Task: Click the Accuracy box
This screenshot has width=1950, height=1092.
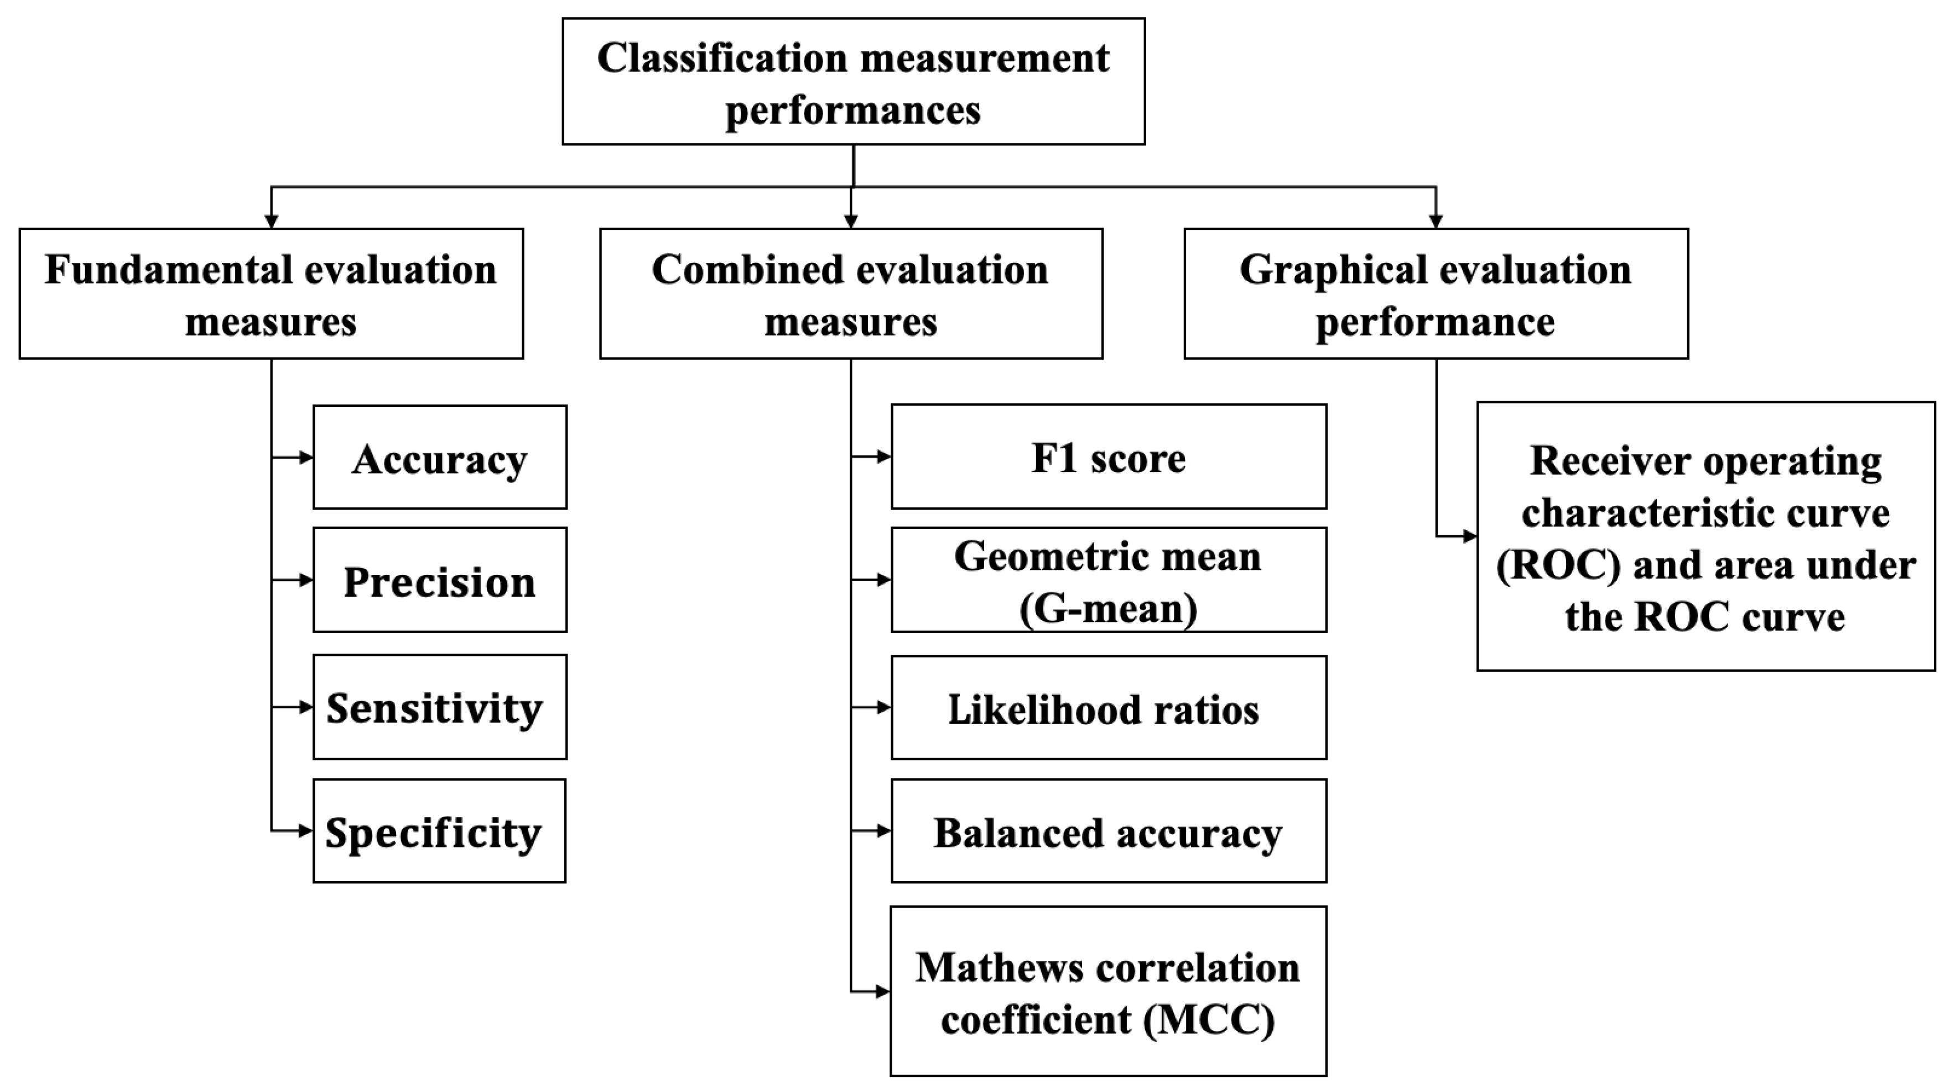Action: [439, 457]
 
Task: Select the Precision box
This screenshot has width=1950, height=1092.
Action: [439, 581]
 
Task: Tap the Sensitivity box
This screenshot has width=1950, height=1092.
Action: [439, 707]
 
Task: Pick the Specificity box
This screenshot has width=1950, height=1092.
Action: [439, 831]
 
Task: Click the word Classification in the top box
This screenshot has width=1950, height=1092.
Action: [721, 58]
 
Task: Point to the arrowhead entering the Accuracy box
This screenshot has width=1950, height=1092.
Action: [306, 457]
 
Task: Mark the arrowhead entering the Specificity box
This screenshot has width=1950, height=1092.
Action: [306, 831]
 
